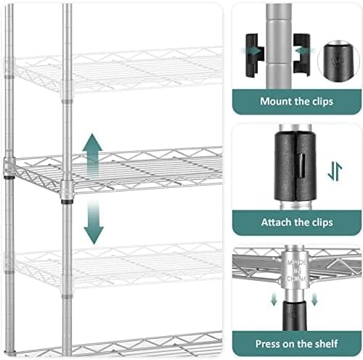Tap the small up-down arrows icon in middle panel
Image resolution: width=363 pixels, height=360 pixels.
click(x=334, y=171)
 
